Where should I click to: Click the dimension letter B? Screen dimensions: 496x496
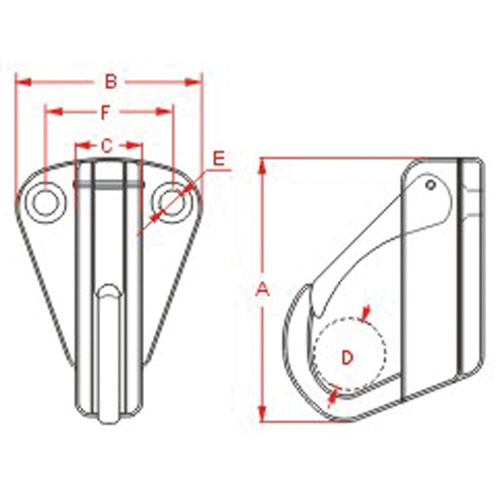pyautogui.click(x=109, y=81)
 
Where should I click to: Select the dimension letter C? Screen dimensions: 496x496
pyautogui.click(x=107, y=145)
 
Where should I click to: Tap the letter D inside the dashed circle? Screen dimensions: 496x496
pyautogui.click(x=348, y=357)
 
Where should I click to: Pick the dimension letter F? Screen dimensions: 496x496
pyautogui.click(x=106, y=111)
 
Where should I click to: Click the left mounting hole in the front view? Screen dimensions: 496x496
pyautogui.click(x=46, y=201)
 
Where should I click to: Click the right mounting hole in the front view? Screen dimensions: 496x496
pyautogui.click(x=170, y=201)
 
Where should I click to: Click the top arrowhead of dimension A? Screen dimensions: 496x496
pyautogui.click(x=263, y=166)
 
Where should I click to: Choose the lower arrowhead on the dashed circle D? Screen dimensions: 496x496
pyautogui.click(x=333, y=397)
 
